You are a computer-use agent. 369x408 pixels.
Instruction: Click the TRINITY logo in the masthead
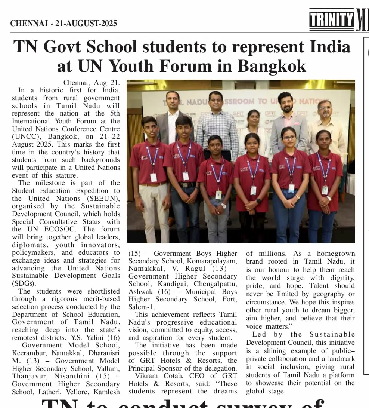point(331,19)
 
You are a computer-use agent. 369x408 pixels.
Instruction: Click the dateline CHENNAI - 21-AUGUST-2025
point(64,24)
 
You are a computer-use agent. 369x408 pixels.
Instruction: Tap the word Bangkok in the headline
point(272,66)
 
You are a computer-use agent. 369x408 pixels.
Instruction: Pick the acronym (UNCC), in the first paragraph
point(28,136)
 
